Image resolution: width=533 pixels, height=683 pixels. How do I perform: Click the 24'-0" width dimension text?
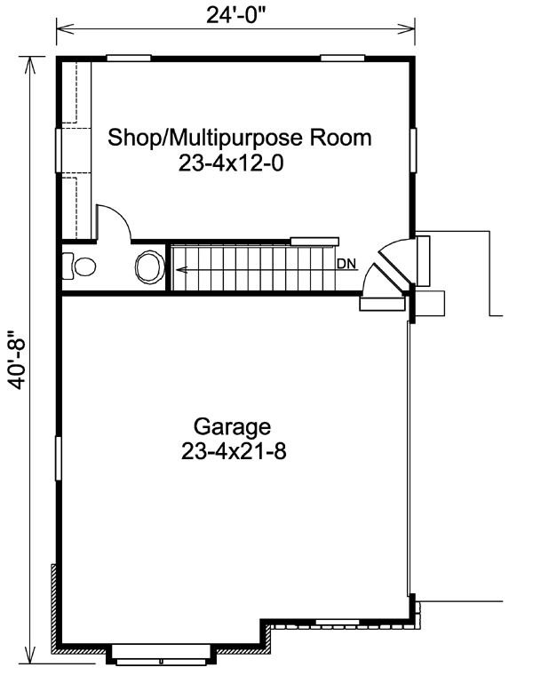pyautogui.click(x=235, y=15)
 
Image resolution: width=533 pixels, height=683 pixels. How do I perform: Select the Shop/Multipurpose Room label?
pyautogui.click(x=239, y=138)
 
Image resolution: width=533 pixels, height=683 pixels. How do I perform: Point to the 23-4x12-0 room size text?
pyautogui.click(x=231, y=163)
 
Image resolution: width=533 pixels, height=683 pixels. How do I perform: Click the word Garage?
pyautogui.click(x=232, y=427)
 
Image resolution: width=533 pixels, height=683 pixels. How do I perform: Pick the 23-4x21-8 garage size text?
pyautogui.click(x=234, y=452)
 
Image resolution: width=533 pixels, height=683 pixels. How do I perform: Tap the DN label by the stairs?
pyautogui.click(x=346, y=264)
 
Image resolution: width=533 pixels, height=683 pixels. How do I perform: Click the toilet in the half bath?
pyautogui.click(x=79, y=266)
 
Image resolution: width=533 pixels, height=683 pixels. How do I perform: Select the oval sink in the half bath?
pyautogui.click(x=150, y=267)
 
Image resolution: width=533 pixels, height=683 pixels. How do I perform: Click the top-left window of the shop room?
pyautogui.click(x=129, y=58)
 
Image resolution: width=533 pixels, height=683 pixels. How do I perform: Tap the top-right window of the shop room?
pyautogui.click(x=343, y=58)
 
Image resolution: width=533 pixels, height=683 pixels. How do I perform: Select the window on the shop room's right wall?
pyautogui.click(x=413, y=150)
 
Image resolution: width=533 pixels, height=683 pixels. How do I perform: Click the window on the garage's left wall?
pyautogui.click(x=58, y=458)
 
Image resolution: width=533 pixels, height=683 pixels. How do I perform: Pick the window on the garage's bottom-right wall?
pyautogui.click(x=338, y=622)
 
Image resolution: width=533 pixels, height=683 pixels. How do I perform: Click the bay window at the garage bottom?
pyautogui.click(x=162, y=655)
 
